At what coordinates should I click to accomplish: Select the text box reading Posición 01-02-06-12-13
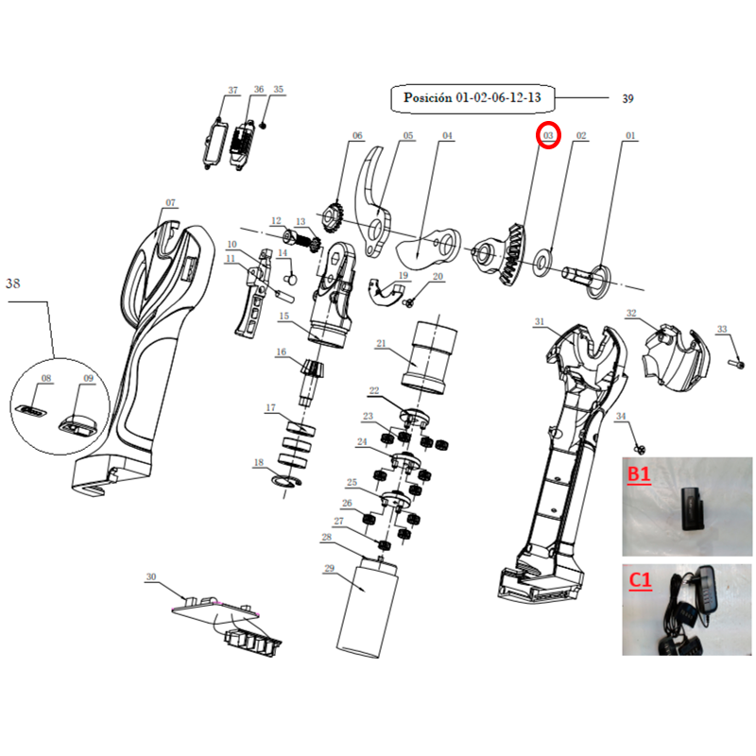472,98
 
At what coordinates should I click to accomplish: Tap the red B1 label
639,474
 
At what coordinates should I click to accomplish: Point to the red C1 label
641,580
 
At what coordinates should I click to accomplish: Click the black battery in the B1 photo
693,509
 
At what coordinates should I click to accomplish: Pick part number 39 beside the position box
627,99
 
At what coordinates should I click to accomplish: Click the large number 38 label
13,283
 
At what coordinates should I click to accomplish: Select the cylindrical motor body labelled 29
367,608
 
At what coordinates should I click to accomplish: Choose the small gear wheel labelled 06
332,217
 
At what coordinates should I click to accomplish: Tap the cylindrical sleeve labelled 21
429,357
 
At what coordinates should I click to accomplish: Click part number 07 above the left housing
171,203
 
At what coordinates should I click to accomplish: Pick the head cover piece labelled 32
677,353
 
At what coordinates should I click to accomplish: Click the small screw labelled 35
263,126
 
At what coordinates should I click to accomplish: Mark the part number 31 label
539,321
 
